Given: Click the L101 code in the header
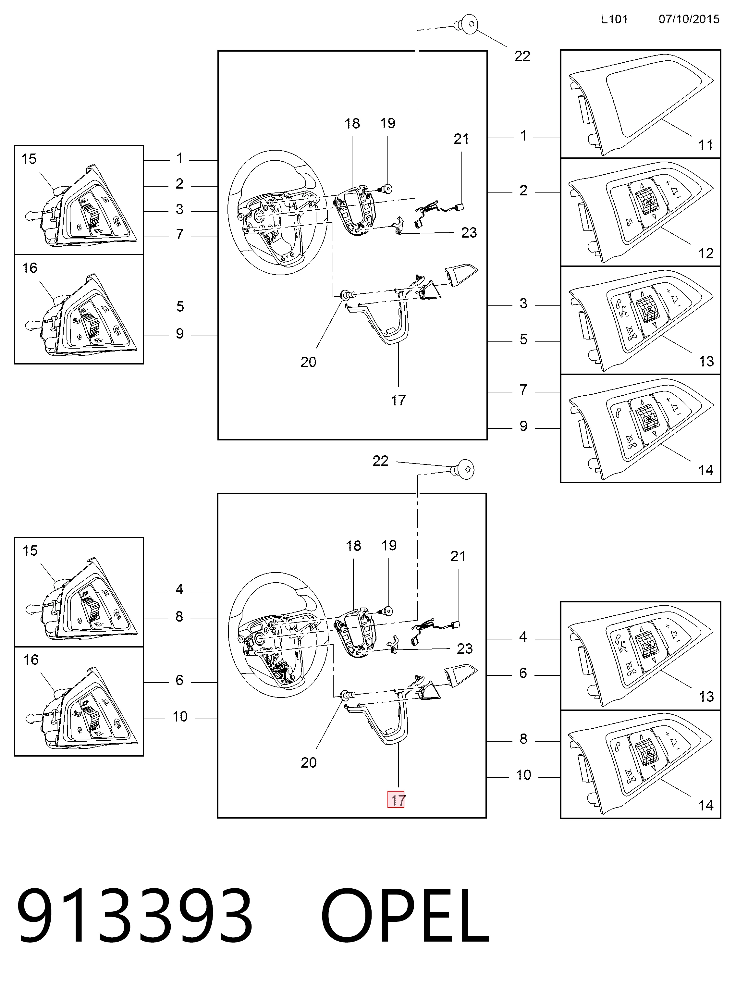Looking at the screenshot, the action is tap(614, 19).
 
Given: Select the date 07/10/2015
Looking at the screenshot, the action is tap(689, 19).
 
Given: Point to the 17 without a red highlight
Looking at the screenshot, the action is tap(398, 401).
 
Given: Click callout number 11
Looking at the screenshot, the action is tap(705, 145).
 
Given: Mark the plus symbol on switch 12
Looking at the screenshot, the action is tap(668, 183).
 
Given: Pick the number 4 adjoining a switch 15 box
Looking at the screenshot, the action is tap(179, 589).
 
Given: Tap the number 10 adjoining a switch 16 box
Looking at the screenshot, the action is tap(180, 717).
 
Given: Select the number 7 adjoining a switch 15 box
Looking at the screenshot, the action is tap(179, 234).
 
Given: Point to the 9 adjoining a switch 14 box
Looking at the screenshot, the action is tap(523, 426).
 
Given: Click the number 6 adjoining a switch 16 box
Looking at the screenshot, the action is tap(179, 680).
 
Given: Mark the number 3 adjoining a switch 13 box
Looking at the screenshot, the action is tap(523, 303).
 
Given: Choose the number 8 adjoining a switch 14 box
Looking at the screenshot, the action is tap(523, 739).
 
